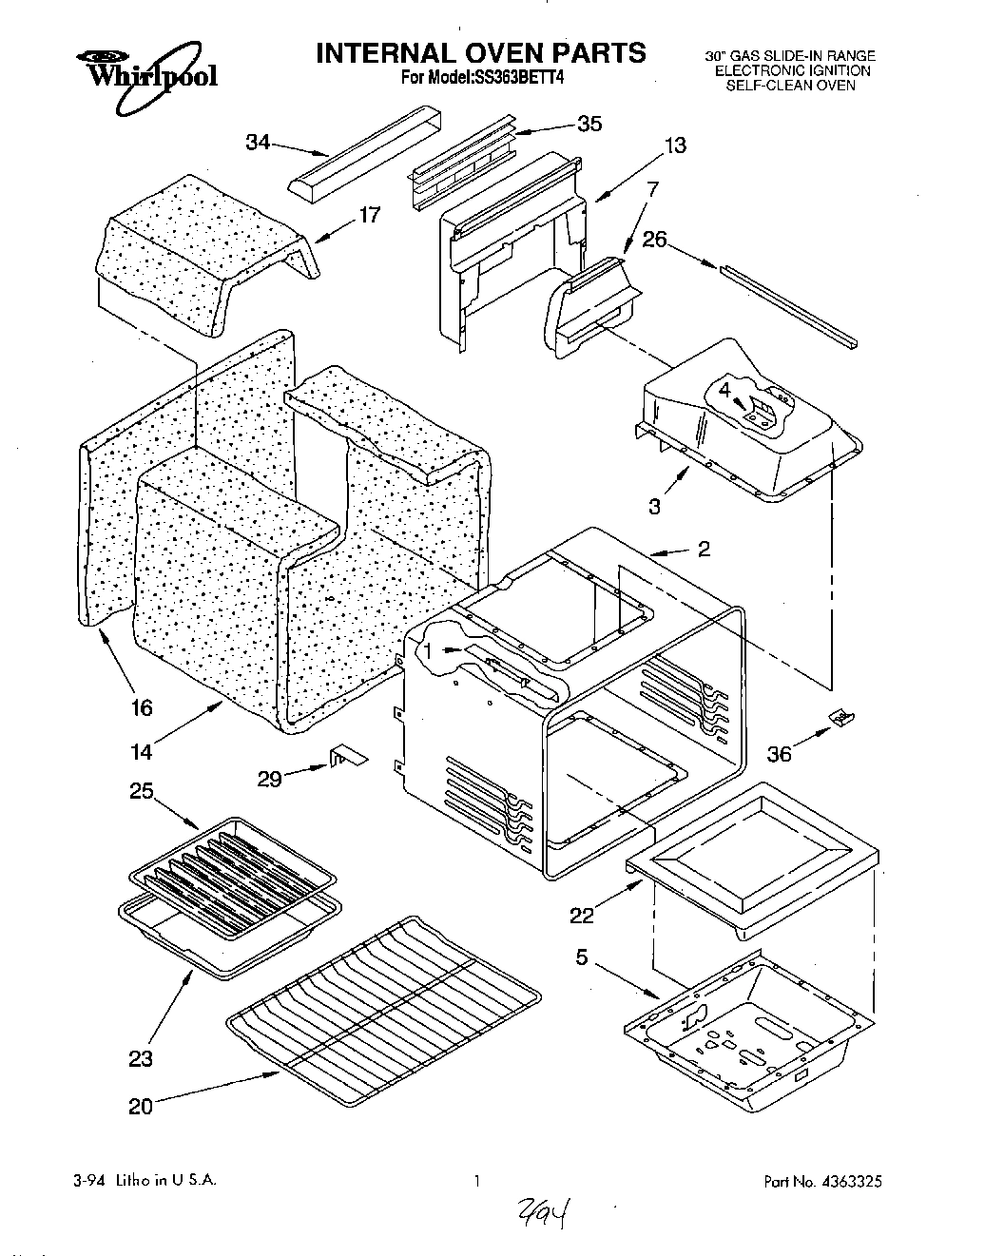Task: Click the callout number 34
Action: click(258, 143)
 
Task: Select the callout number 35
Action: click(589, 124)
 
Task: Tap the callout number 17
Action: click(370, 215)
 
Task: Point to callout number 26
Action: click(654, 241)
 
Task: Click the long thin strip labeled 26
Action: click(789, 306)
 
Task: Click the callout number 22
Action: click(582, 915)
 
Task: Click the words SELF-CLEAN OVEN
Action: click(790, 85)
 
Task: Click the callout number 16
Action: click(142, 707)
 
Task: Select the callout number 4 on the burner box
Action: click(724, 390)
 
